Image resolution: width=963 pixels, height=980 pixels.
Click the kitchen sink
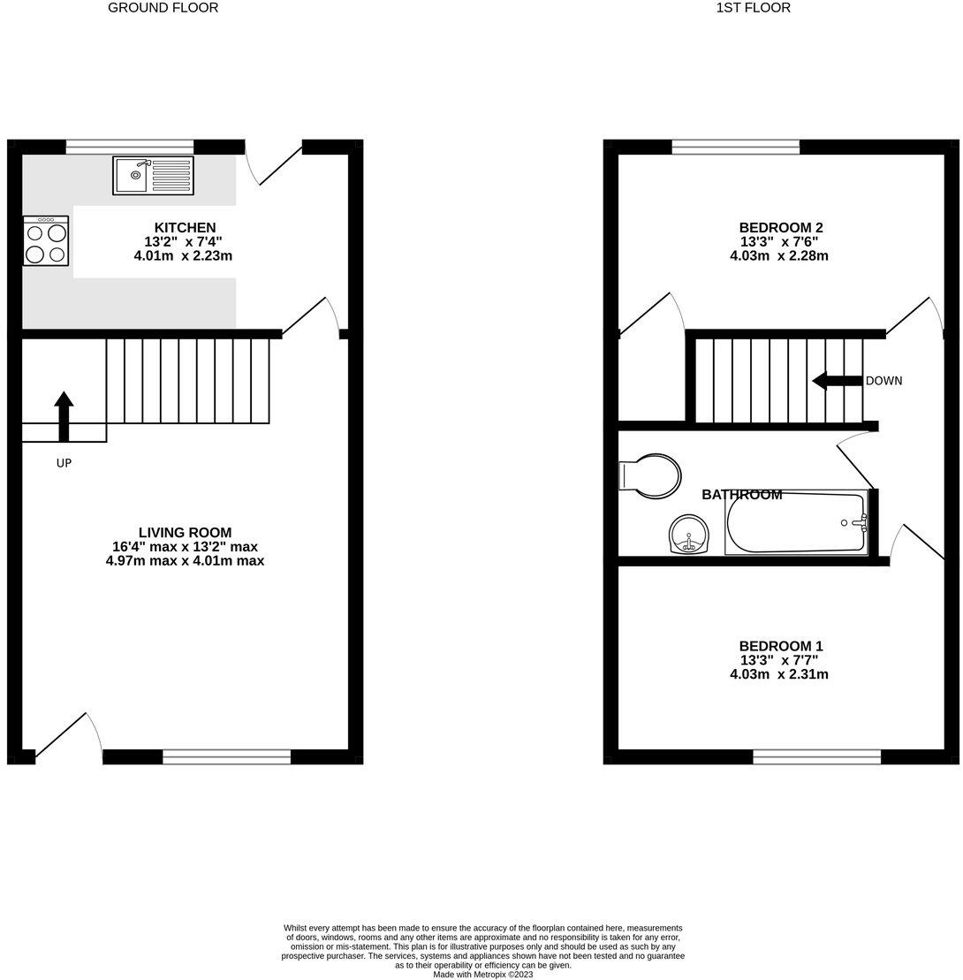[153, 175]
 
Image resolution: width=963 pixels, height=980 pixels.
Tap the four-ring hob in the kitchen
[46, 241]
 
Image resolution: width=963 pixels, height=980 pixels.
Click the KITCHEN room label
[185, 228]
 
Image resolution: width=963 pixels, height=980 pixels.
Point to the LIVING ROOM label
[185, 533]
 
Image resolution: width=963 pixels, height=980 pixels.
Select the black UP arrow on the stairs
[64, 415]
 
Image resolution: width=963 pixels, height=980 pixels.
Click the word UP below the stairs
[64, 463]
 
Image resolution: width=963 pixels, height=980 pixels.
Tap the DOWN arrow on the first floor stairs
[837, 381]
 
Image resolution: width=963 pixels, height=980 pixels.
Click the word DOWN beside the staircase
[883, 381]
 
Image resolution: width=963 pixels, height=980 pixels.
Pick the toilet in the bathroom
[650, 475]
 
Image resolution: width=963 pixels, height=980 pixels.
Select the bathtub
[796, 523]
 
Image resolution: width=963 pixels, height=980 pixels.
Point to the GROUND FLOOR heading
[163, 8]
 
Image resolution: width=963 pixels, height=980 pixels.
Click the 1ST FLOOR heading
[754, 8]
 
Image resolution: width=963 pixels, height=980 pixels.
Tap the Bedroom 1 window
[816, 756]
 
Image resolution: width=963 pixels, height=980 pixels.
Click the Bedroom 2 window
[735, 147]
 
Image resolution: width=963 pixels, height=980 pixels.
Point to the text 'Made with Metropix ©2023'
[482, 975]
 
